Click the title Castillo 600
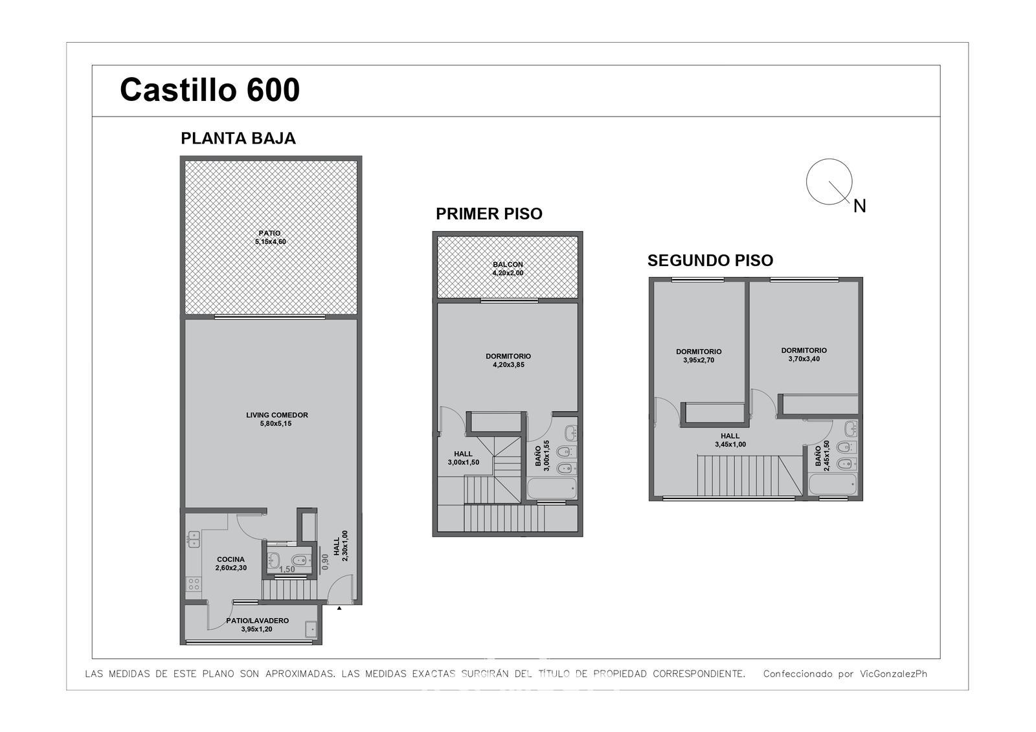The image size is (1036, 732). click(210, 90)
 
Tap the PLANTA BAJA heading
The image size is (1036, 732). click(238, 139)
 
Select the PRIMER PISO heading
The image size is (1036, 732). click(489, 214)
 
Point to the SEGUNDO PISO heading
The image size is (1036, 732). click(710, 260)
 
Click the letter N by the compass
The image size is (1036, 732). click(859, 206)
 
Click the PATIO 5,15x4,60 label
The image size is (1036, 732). click(270, 238)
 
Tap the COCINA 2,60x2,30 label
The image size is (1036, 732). click(231, 564)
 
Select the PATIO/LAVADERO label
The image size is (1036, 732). click(257, 625)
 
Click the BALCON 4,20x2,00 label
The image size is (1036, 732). click(508, 269)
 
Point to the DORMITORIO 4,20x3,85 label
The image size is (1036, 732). click(508, 360)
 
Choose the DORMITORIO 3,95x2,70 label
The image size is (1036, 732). click(699, 355)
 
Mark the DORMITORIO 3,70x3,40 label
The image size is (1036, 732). click(804, 355)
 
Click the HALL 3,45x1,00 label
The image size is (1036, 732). click(730, 439)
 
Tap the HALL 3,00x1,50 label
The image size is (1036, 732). click(463, 458)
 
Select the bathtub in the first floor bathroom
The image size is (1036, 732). click(552, 488)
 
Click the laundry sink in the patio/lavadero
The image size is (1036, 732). click(311, 630)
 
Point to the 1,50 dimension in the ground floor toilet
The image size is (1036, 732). click(287, 570)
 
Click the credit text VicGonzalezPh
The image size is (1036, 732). click(894, 674)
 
